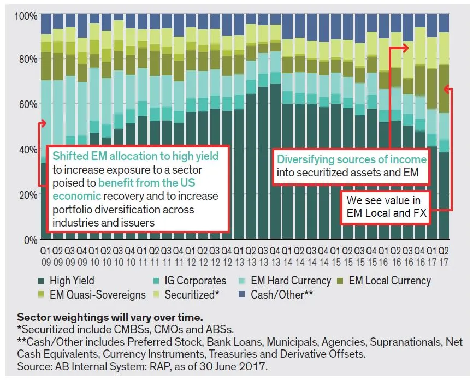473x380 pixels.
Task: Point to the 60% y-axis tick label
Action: click(x=27, y=104)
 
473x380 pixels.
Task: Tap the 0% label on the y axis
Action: click(x=31, y=239)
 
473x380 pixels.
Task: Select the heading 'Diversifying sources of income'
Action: click(x=351, y=159)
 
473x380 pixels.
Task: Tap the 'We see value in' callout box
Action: click(x=385, y=206)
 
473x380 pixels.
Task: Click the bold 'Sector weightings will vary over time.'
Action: click(x=94, y=317)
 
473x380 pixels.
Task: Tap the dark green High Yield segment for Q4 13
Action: click(x=275, y=164)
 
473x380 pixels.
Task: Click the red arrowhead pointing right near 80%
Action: click(x=405, y=48)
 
